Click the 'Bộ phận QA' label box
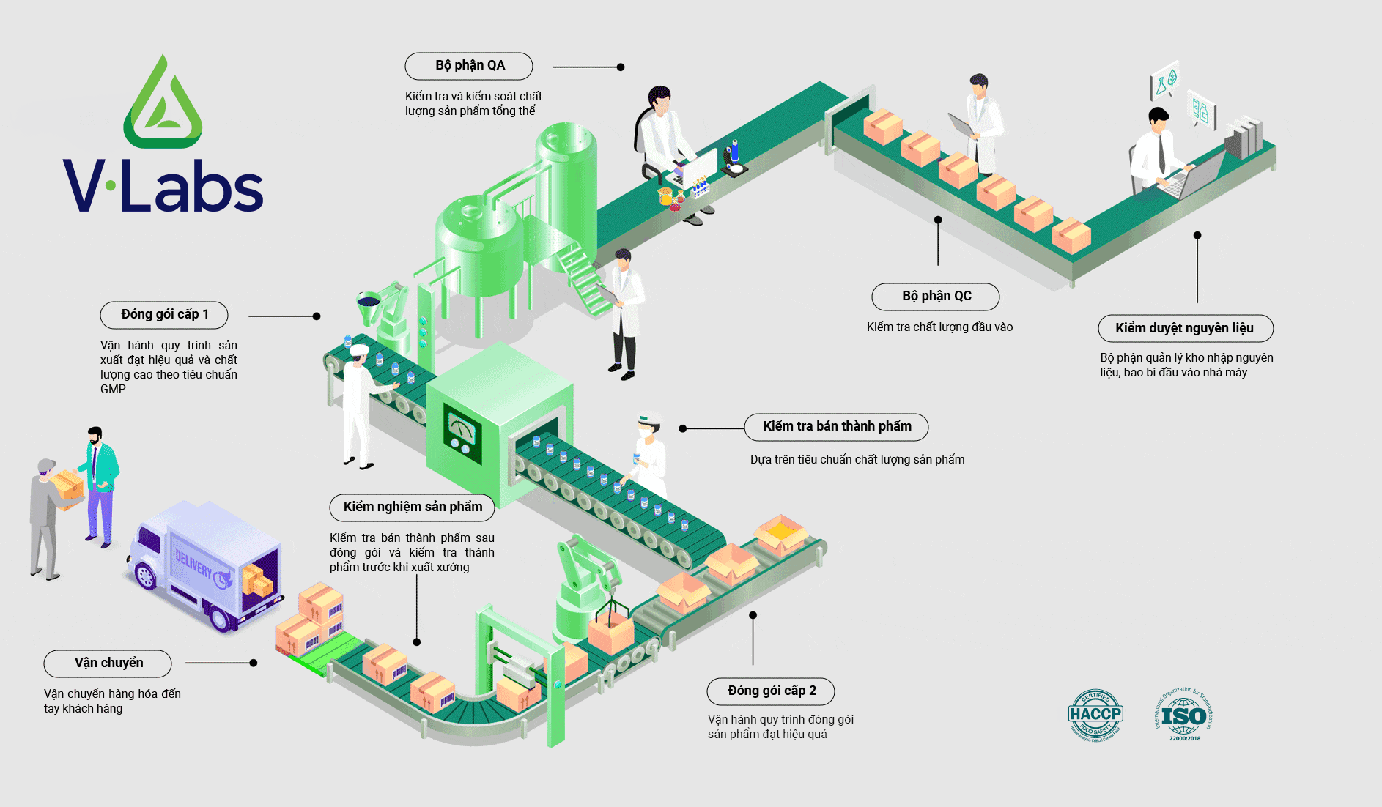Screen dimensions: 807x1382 (469, 66)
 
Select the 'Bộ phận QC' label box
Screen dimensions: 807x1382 (936, 297)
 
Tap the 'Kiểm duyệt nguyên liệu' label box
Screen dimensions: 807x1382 (1185, 328)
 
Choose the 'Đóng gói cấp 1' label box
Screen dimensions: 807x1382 (164, 315)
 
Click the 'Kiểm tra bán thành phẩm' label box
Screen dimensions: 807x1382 (836, 427)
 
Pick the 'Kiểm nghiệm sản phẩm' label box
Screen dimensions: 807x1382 (412, 507)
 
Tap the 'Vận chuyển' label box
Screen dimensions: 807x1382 (108, 663)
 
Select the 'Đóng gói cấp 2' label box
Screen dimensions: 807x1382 (771, 691)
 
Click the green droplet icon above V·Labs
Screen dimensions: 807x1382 (163, 103)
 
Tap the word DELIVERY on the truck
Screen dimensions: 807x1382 (193, 565)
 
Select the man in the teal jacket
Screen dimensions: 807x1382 (101, 483)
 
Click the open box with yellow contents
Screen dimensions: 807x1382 (782, 532)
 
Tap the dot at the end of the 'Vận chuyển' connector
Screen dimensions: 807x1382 (254, 663)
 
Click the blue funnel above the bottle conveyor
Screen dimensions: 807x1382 (367, 302)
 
